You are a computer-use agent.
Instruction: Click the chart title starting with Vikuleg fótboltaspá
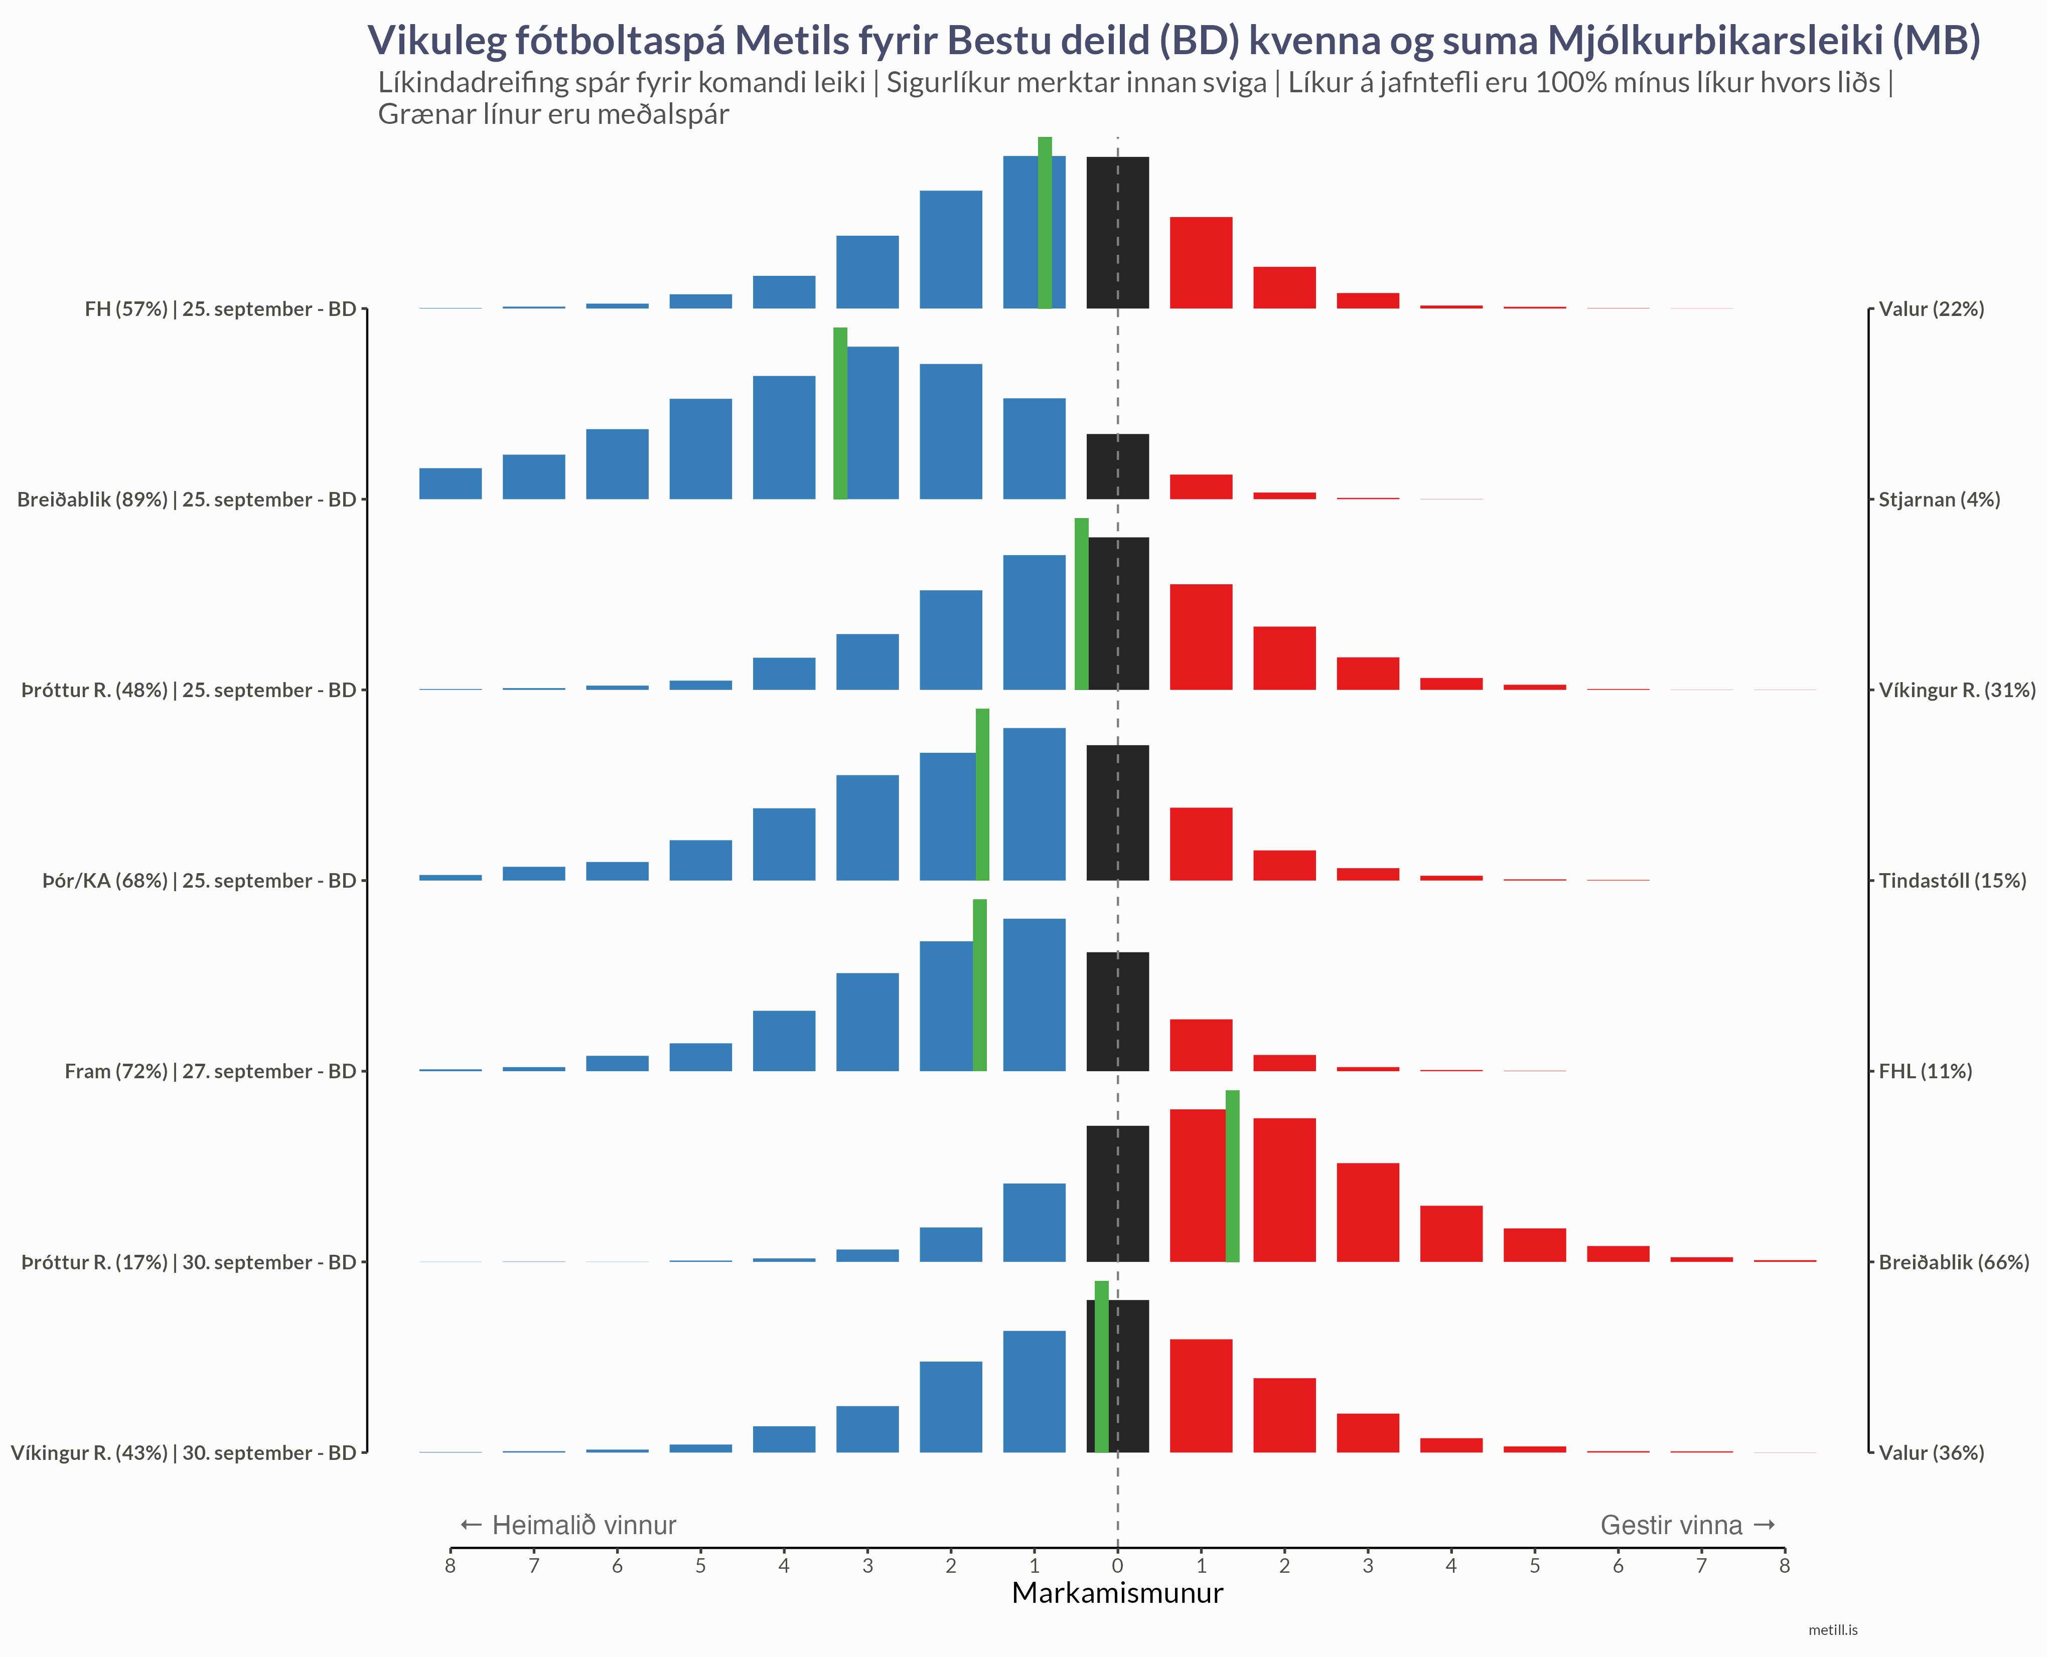[x=1174, y=40]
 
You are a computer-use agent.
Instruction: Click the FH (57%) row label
[x=220, y=309]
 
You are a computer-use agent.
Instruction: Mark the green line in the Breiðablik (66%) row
[x=1233, y=1176]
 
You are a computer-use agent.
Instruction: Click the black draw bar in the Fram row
[x=1117, y=1012]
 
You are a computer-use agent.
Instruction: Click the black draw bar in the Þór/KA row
[x=1117, y=813]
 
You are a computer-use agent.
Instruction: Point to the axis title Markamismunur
[x=1117, y=1593]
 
